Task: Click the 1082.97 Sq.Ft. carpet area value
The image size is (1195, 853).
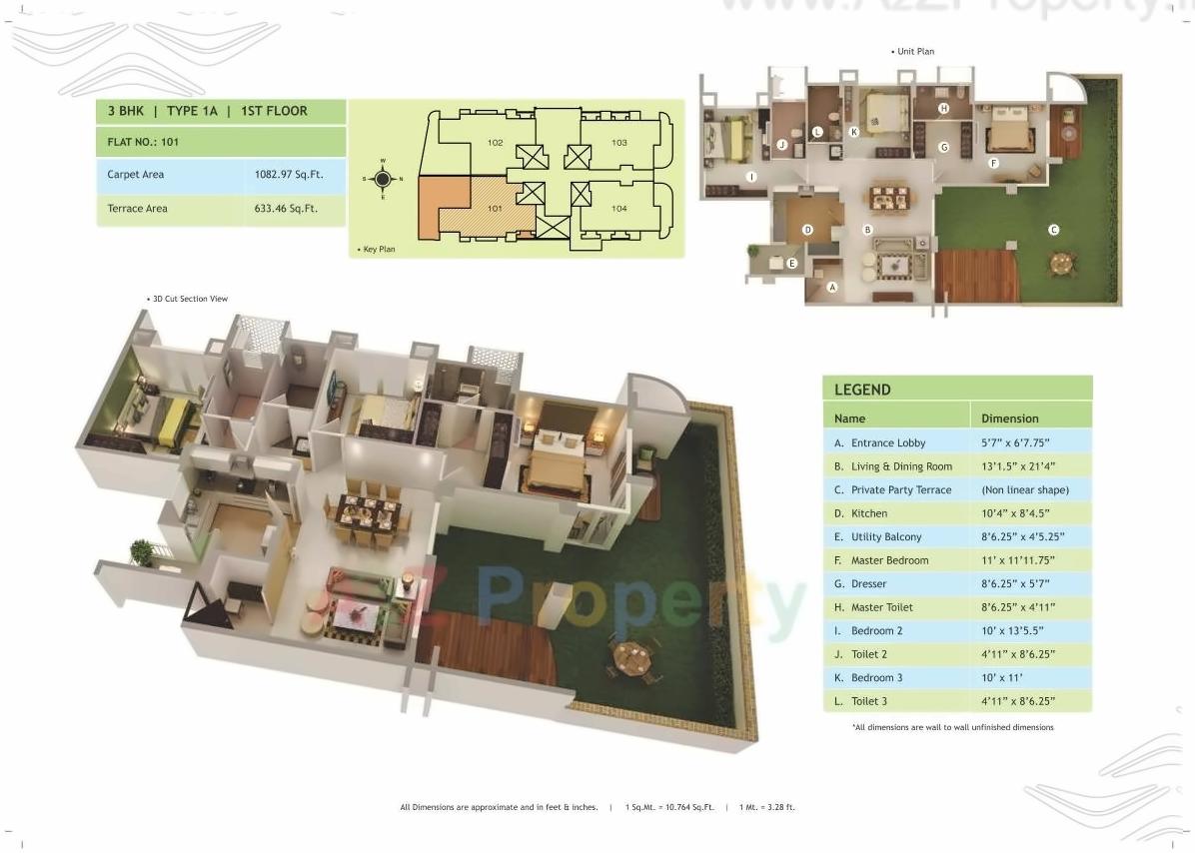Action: [289, 175]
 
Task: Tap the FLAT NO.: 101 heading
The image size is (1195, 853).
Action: [143, 142]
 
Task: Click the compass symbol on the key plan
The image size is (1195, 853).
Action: [382, 180]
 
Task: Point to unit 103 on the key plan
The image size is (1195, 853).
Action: [619, 143]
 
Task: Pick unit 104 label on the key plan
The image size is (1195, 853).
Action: [619, 208]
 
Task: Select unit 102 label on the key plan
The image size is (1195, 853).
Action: [495, 143]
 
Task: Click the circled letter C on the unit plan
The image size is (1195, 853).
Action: [1053, 230]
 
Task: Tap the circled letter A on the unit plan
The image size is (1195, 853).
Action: [832, 287]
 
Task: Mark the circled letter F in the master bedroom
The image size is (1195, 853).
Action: [993, 163]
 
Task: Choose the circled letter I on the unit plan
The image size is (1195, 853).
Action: [752, 177]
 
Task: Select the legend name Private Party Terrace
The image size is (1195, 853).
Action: [900, 490]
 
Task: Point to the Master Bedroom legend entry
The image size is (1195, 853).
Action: [888, 560]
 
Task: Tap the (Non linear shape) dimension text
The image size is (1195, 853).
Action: [1025, 490]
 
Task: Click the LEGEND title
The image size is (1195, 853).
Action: [862, 390]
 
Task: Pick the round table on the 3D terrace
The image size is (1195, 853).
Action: [631, 657]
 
